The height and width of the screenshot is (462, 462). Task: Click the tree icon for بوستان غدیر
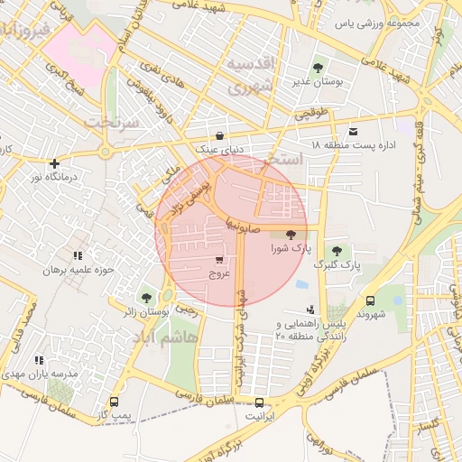pos(317,68)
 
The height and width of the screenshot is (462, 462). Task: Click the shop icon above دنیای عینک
pos(219,135)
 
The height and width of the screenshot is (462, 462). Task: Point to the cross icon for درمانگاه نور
pos(56,163)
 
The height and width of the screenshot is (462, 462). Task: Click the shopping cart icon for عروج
pos(218,260)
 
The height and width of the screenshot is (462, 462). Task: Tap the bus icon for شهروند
pos(370,300)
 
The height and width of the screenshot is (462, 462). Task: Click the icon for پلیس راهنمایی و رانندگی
pos(311,310)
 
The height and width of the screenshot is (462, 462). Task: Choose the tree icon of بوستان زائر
pos(146,297)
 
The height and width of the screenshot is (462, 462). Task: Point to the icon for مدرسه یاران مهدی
pos(38,360)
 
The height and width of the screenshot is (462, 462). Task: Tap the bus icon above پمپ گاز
pos(114,401)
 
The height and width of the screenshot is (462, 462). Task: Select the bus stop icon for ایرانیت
pos(260,402)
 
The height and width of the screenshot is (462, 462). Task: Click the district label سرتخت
pos(113,121)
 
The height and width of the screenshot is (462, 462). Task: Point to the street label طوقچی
pos(311,115)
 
